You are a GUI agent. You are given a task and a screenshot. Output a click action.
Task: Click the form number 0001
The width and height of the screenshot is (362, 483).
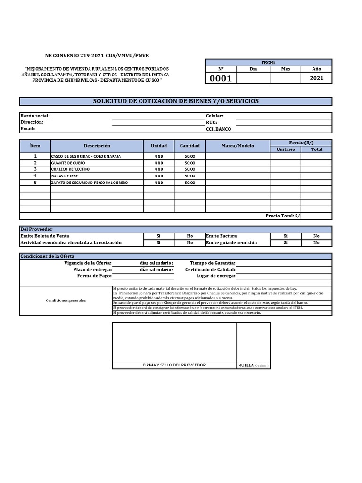[x=221, y=79]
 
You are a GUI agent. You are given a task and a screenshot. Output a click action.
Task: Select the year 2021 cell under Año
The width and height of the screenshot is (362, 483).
[x=317, y=78]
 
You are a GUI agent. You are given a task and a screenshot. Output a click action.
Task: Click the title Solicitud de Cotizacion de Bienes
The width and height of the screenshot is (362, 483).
[x=175, y=101]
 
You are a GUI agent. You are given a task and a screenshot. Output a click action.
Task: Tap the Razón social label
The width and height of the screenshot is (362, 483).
[x=35, y=116]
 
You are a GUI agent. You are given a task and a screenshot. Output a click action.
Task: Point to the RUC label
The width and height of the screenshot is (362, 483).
[x=211, y=122]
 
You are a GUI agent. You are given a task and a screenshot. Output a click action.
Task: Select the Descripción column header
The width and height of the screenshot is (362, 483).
[x=97, y=146]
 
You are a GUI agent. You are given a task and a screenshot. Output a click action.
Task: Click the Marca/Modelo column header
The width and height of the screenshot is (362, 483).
[x=238, y=146]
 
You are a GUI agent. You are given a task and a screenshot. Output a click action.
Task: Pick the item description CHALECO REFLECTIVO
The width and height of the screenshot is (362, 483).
[x=70, y=169]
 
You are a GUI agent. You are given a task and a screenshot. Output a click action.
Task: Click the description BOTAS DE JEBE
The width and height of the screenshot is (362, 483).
[x=64, y=175]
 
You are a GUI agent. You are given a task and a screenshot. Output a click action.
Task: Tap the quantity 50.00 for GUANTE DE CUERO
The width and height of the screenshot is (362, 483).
[x=189, y=162]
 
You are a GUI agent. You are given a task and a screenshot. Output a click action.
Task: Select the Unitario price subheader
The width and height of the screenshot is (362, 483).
[x=285, y=149]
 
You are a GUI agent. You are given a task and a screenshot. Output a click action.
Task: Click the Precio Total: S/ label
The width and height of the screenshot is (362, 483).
[x=283, y=216]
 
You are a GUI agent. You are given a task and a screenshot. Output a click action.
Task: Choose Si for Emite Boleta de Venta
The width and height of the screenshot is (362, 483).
[x=158, y=236]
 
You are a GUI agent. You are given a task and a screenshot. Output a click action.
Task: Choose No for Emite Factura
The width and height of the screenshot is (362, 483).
[x=316, y=236]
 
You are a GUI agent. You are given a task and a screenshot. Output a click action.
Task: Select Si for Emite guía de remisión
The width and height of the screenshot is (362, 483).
[x=285, y=242]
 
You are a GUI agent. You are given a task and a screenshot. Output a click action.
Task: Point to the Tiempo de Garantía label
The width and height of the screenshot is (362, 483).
[x=213, y=263]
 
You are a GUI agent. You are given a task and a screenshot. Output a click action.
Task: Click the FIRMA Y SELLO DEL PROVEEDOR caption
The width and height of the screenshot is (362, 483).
[x=174, y=365]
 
